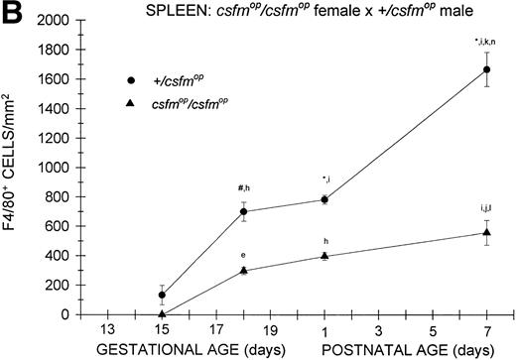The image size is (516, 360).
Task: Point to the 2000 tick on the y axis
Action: point(66,20)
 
